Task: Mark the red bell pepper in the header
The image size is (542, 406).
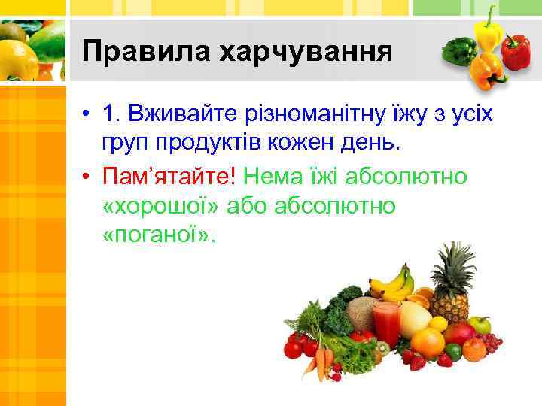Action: point(516,51)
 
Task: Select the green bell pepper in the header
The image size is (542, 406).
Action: point(459,50)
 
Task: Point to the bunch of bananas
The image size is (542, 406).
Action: point(393,284)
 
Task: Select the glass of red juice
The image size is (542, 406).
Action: point(385,322)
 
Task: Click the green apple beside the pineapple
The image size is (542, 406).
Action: point(480,324)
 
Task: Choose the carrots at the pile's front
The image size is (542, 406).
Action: point(324,361)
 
